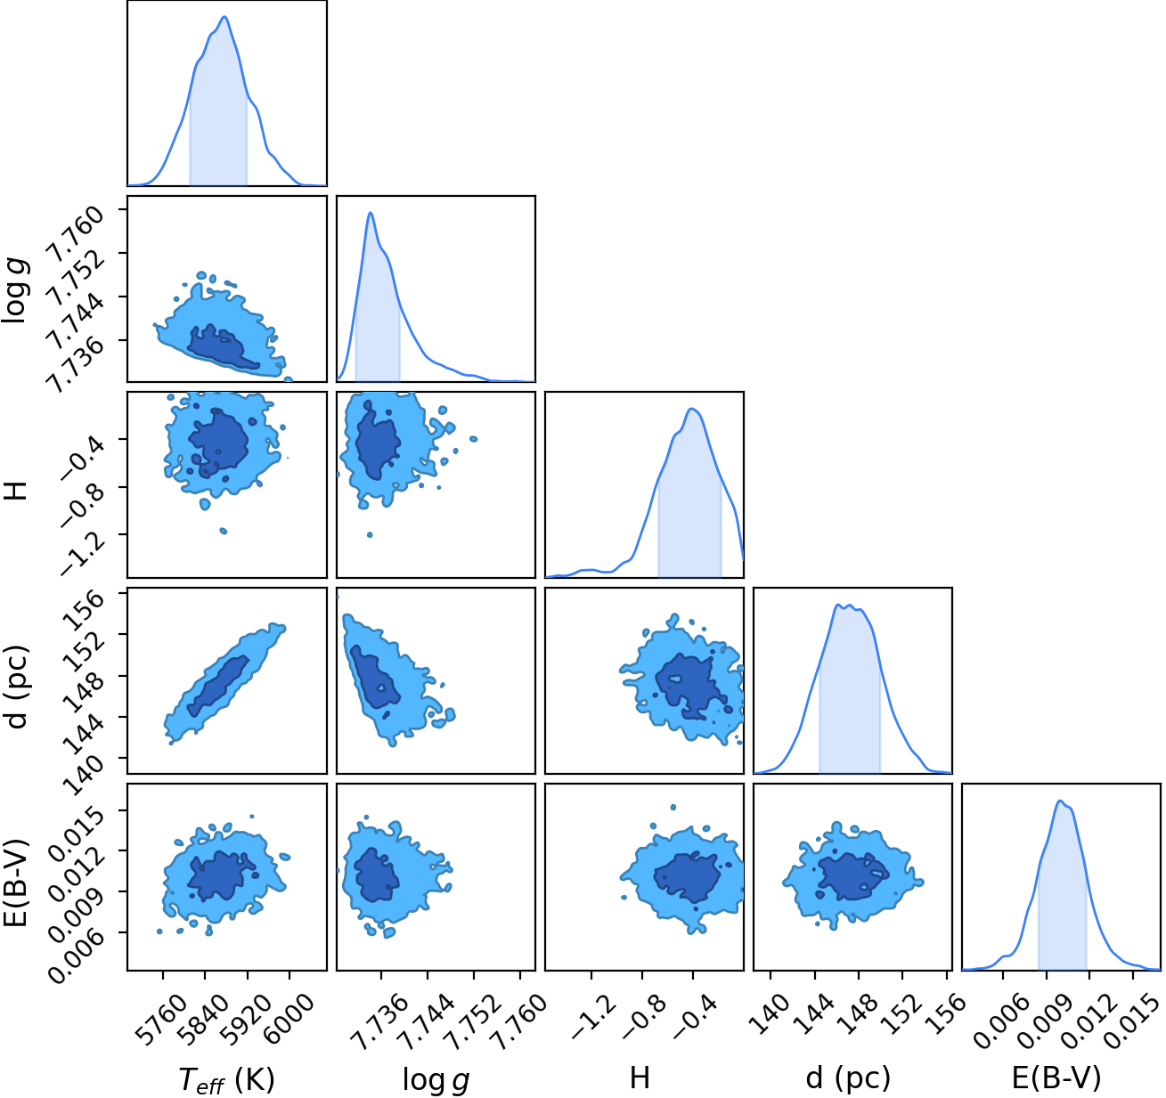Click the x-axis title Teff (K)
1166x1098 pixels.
point(226,1079)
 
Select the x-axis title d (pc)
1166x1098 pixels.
point(848,1078)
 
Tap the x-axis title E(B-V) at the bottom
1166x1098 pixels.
point(1056,1078)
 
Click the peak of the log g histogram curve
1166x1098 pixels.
point(371,213)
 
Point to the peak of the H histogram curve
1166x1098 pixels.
point(692,409)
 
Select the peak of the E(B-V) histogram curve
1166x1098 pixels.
point(1060,801)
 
